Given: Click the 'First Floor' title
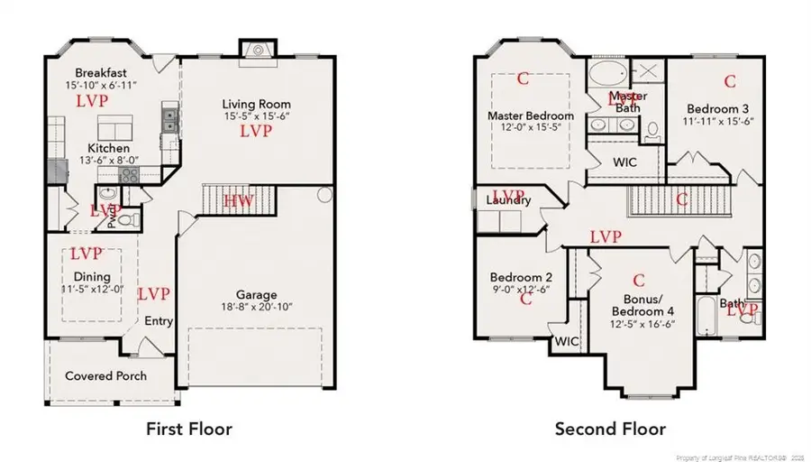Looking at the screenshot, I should [188, 429].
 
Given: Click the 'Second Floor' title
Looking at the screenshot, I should [610, 429].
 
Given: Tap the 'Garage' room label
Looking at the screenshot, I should [257, 294].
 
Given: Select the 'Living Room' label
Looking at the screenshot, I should [257, 105].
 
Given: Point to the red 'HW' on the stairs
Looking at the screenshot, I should [239, 199].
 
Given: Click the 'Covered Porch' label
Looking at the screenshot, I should [105, 375].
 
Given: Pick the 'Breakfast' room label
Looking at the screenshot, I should [101, 73].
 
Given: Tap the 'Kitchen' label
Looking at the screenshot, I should [108, 148].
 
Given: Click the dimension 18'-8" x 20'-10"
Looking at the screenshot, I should [257, 309].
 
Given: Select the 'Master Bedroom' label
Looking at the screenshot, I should [530, 116].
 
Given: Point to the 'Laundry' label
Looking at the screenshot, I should [507, 200].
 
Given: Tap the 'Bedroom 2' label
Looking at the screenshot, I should [521, 277].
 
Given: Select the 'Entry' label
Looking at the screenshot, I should [159, 321].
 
